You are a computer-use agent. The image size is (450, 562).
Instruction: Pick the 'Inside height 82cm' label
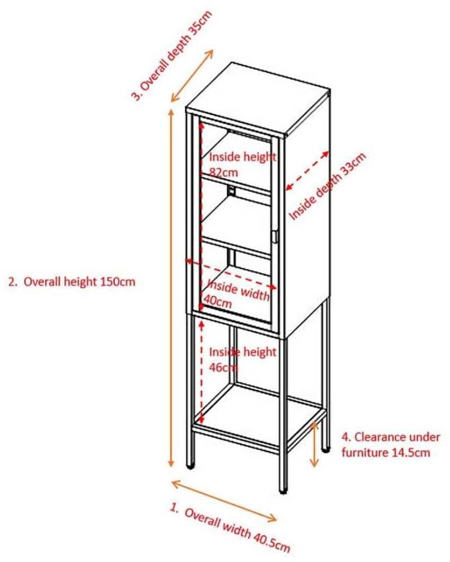242,163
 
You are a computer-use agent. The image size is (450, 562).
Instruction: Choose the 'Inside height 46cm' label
242,360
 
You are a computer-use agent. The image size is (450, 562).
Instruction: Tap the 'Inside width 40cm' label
237,293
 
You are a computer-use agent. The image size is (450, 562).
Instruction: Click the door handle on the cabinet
275,236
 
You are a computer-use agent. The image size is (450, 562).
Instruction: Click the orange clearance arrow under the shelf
315,444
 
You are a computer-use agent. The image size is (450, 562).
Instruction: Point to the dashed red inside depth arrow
307,169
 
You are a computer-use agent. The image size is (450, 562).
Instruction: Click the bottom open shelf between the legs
262,413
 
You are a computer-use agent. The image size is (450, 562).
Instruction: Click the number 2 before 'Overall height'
12,282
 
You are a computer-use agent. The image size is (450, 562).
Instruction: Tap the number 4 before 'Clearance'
344,437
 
